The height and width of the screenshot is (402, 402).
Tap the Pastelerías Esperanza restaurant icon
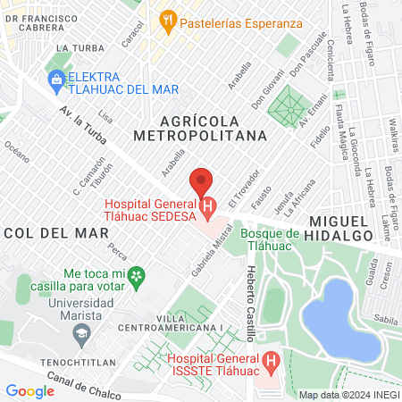tap(167, 19)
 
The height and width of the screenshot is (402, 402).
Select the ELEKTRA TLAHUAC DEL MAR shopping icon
tap(56, 80)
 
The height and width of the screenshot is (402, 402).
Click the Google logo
tap(29, 390)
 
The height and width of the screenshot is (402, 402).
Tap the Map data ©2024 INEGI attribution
tap(348, 394)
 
